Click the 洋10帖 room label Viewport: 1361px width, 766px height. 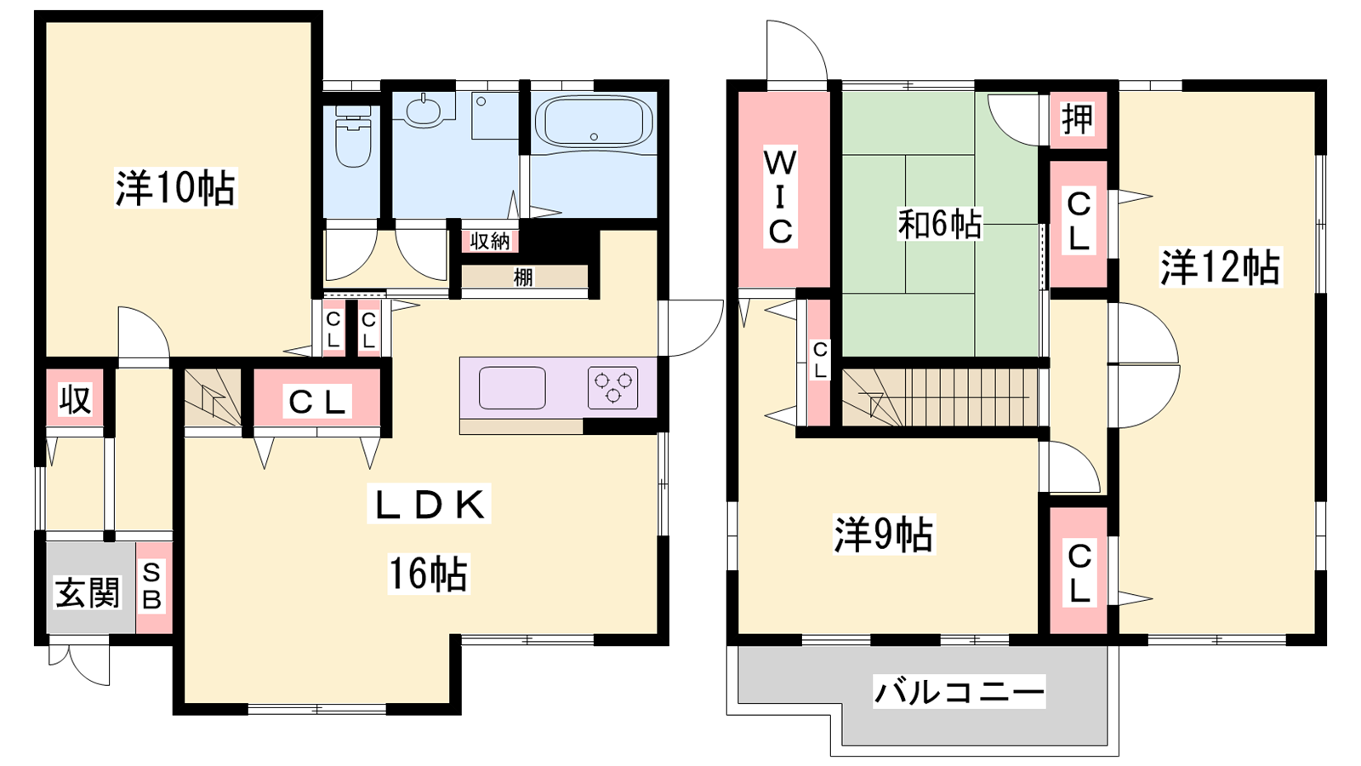pyautogui.click(x=175, y=188)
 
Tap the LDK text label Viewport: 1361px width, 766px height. pyautogui.click(x=429, y=504)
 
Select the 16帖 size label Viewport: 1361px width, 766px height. pyautogui.click(x=429, y=574)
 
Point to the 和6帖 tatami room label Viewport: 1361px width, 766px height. pyautogui.click(x=940, y=224)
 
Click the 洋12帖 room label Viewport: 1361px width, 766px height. pyautogui.click(x=1220, y=267)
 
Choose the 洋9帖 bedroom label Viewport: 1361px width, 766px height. pyautogui.click(x=884, y=535)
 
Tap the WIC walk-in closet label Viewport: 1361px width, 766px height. pyautogui.click(x=781, y=197)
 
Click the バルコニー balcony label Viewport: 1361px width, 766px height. pyautogui.click(x=960, y=692)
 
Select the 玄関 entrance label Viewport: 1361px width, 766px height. pyautogui.click(x=88, y=592)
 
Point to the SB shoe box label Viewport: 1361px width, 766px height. pyautogui.click(x=152, y=586)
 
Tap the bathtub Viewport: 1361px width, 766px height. pyautogui.click(x=594, y=123)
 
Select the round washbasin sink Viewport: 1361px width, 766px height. pyautogui.click(x=424, y=111)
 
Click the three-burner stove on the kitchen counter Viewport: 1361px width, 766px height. pyautogui.click(x=613, y=387)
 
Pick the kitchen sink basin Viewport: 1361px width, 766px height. pyautogui.click(x=512, y=388)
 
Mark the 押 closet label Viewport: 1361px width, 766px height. pyautogui.click(x=1077, y=119)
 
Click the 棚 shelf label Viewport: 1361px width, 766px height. pyautogui.click(x=523, y=277)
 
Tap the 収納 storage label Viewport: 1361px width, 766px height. pyautogui.click(x=490, y=242)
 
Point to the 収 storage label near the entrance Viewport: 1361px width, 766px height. pyautogui.click(x=76, y=399)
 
